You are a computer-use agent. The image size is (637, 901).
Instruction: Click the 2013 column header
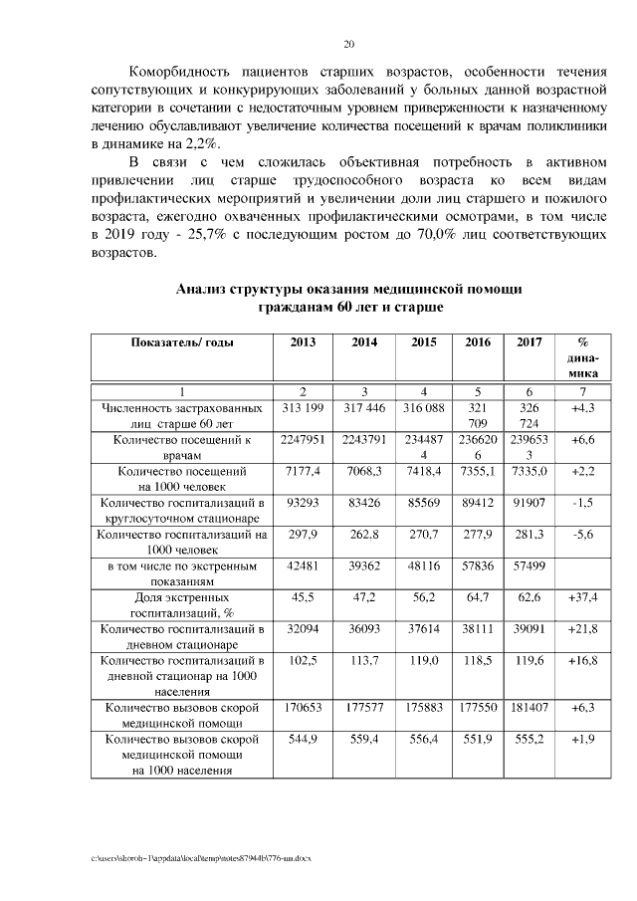click(x=304, y=342)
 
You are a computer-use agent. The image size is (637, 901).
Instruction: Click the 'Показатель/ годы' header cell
click(x=182, y=342)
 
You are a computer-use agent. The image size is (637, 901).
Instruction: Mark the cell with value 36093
click(x=364, y=629)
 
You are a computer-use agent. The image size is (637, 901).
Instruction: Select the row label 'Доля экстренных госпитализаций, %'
click(x=182, y=605)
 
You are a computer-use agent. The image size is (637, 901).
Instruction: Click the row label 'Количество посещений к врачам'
click(x=182, y=447)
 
